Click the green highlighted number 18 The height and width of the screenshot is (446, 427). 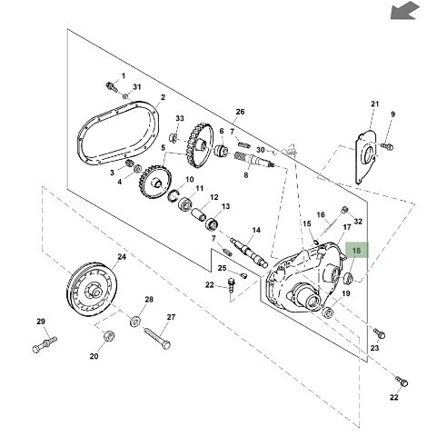(x=356, y=251)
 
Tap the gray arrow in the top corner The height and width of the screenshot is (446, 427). (x=405, y=11)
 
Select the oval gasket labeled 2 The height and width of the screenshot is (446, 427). (x=118, y=134)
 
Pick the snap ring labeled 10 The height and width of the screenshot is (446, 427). (x=174, y=195)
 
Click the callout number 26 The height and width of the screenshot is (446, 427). (x=240, y=112)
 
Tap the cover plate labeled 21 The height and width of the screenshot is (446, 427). (x=366, y=157)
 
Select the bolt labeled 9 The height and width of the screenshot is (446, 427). (x=387, y=146)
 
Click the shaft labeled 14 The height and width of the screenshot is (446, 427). (x=249, y=253)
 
